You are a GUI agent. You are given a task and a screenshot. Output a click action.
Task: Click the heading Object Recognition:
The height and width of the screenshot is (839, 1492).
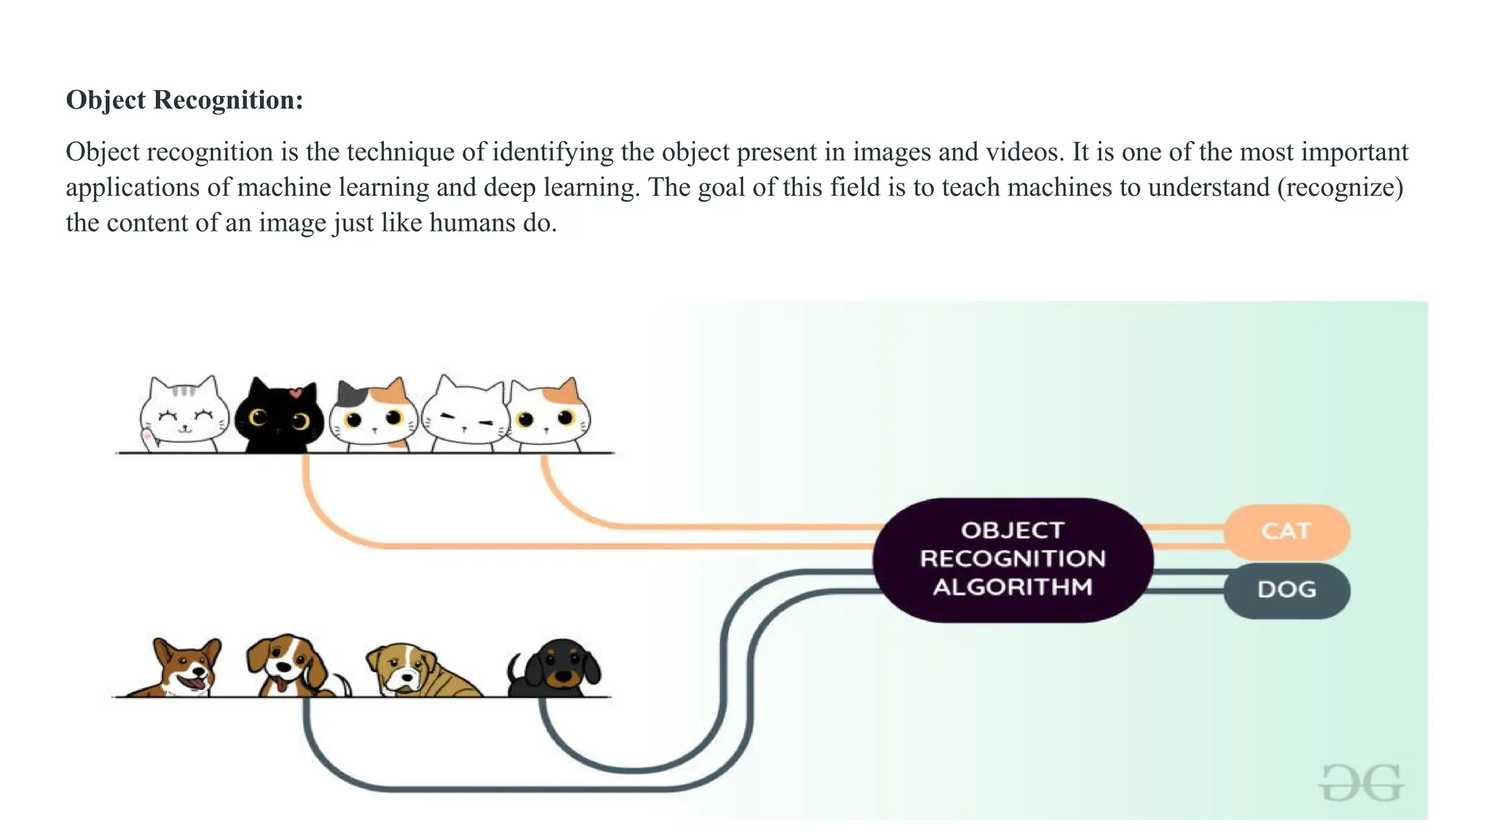pos(184,100)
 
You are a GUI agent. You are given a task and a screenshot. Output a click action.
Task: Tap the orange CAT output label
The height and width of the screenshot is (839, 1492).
pos(1286,531)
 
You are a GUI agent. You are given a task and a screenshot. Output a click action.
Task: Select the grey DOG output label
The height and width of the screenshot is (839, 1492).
pos(1286,589)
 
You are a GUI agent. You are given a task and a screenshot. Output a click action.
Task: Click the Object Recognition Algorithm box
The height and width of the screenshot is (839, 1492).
pos(1013,559)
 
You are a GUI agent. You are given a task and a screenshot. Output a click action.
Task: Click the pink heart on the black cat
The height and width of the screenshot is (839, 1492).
pos(295,393)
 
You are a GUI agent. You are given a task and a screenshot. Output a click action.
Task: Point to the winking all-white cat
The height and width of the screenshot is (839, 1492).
pos(464,415)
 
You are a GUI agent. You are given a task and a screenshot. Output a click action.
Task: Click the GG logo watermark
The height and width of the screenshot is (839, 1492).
pos(1361,783)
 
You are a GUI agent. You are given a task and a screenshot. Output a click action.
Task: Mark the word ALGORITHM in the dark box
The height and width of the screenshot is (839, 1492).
pos(1013,587)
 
